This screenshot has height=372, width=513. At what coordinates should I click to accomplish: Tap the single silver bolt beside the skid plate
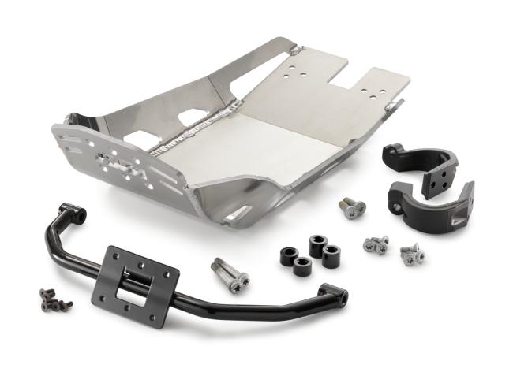[352, 209]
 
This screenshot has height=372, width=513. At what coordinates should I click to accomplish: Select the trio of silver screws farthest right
[411, 253]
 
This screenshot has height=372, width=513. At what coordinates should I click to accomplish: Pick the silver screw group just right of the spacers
[376, 245]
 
